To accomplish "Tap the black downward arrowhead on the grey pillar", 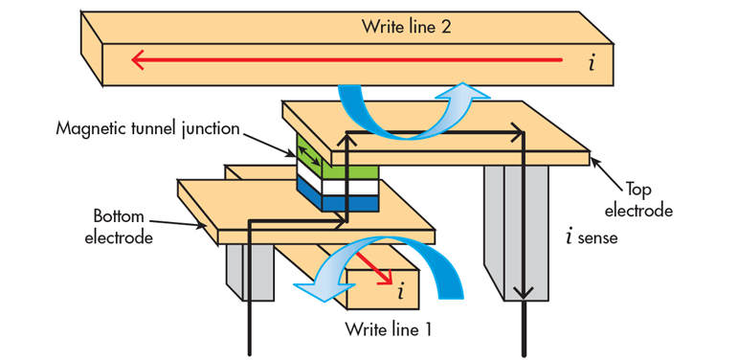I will click(523, 292).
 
